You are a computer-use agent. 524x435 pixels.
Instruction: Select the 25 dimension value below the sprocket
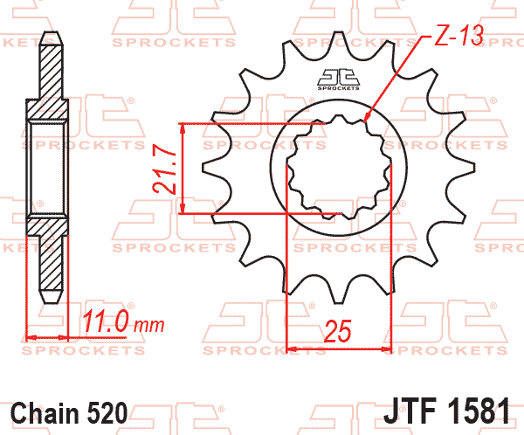[338, 332]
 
